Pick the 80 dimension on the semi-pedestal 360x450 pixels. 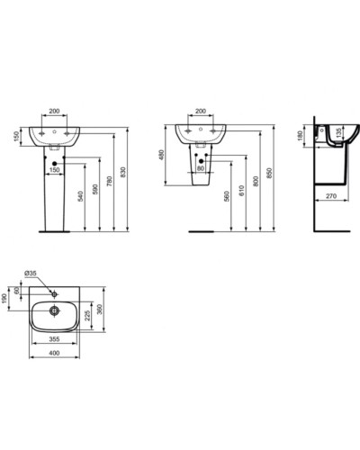200,167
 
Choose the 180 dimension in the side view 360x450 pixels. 300,135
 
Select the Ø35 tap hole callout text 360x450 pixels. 29,274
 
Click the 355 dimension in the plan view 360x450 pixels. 56,341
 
